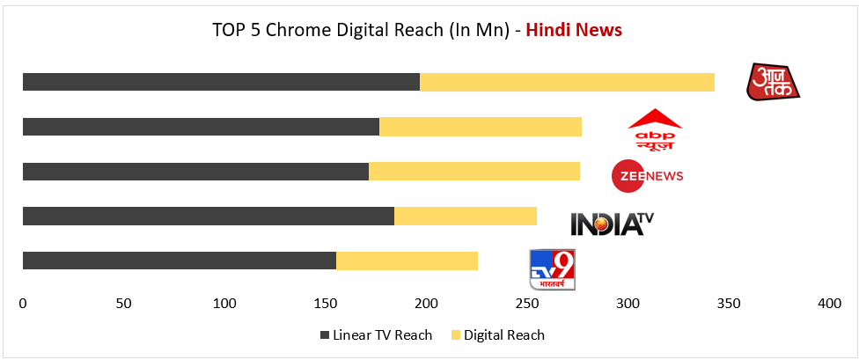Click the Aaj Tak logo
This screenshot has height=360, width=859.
[773, 82]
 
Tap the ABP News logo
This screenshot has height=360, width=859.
[654, 129]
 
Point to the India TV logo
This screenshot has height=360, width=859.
[613, 223]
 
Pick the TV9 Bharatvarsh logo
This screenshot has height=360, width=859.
[552, 269]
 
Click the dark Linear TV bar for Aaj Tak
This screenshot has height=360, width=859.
[221, 82]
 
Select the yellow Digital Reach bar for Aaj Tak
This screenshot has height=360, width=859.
[567, 82]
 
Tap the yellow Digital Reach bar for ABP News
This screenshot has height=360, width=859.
[480, 127]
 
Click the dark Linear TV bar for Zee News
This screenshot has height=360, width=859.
[195, 171]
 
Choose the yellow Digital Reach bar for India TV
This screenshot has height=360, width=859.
[465, 216]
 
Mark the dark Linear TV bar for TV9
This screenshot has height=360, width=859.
[179, 261]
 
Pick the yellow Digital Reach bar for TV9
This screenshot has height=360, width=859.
[407, 261]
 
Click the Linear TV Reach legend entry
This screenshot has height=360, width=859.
[376, 334]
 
